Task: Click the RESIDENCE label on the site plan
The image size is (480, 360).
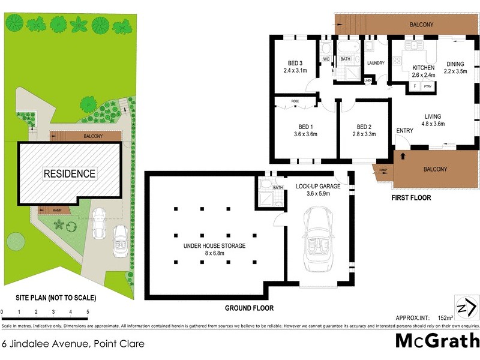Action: point(69,174)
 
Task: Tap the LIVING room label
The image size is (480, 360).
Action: point(433,116)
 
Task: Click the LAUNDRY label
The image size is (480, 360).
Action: point(376,63)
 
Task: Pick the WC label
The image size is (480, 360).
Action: point(326,59)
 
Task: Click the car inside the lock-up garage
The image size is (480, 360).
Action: point(318,240)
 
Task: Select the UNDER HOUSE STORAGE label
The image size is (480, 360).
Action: point(214,246)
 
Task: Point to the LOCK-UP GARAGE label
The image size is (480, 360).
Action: point(318,187)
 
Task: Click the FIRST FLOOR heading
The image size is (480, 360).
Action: point(411,197)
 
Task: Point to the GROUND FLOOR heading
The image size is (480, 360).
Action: point(249,308)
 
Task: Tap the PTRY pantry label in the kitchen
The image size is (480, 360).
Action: point(427,86)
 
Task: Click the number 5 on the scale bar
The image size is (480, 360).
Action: point(88,312)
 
